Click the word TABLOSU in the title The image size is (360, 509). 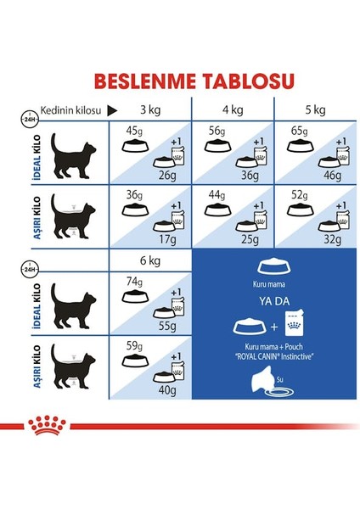238,81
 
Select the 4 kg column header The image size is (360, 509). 233,109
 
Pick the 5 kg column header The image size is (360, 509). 315,109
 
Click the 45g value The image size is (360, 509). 134,131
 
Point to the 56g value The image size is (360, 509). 217,131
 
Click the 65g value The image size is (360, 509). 300,131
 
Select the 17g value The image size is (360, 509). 166,240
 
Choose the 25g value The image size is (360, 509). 249,240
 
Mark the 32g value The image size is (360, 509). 331,240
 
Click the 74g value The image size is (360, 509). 134,281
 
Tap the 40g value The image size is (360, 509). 166,390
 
